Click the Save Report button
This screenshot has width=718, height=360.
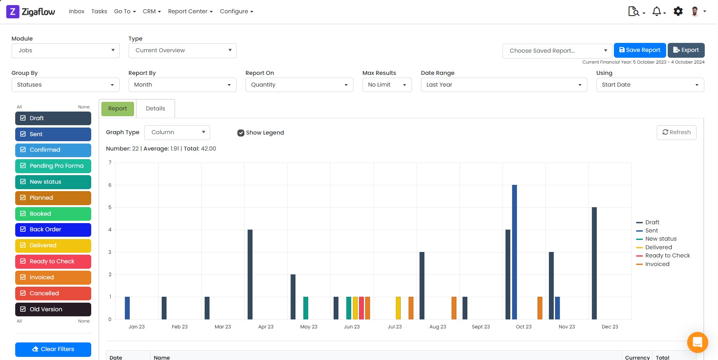[x=640, y=50]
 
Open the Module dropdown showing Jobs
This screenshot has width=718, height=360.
[x=65, y=50]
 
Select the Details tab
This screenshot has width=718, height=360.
[x=155, y=108]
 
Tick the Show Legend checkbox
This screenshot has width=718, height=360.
[x=241, y=133]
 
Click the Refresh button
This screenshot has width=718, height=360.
[x=676, y=132]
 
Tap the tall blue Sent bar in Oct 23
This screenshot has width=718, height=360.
[x=515, y=252]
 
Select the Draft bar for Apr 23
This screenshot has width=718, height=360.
[x=250, y=274]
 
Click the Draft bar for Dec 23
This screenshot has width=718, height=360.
[x=594, y=263]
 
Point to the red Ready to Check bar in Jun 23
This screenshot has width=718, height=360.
[x=361, y=308]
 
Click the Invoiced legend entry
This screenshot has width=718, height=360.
[x=657, y=264]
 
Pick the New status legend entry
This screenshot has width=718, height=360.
[x=660, y=239]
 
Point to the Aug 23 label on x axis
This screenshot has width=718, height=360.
[x=438, y=327]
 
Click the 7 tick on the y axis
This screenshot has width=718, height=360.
[x=110, y=163]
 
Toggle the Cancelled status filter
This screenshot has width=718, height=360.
[x=53, y=293]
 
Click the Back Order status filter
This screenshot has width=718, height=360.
[x=53, y=229]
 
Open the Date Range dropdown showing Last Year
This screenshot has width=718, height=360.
[x=504, y=85]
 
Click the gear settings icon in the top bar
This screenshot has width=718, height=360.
[x=678, y=11]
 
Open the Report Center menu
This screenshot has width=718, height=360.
[x=190, y=11]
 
